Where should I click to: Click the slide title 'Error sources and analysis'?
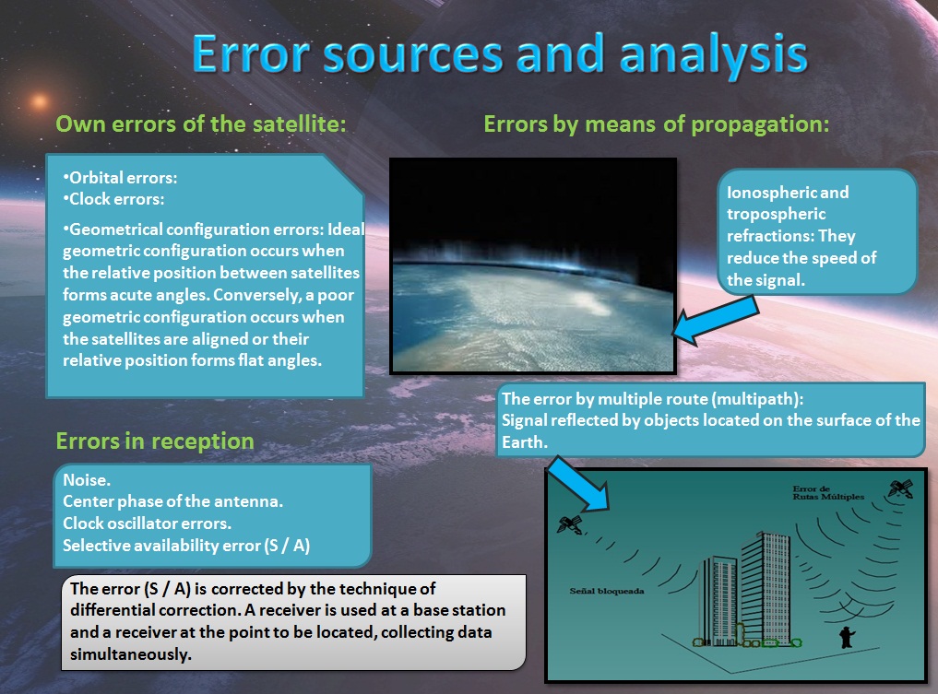(500, 54)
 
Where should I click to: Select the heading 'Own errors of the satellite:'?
(201, 124)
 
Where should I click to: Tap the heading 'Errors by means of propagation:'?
(657, 124)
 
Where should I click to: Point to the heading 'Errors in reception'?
(155, 441)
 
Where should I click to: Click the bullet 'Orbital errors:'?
(120, 178)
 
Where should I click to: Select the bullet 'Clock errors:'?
(113, 199)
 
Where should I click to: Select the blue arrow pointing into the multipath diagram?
(578, 484)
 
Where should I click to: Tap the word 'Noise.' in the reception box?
(87, 480)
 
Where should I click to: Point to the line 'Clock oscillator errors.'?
(148, 523)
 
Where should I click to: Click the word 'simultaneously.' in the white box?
(131, 654)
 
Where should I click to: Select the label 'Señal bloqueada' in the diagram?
(607, 591)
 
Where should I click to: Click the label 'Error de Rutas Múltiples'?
(828, 492)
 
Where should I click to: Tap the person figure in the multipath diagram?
(847, 637)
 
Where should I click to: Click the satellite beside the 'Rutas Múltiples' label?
(900, 488)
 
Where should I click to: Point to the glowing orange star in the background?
(40, 101)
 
